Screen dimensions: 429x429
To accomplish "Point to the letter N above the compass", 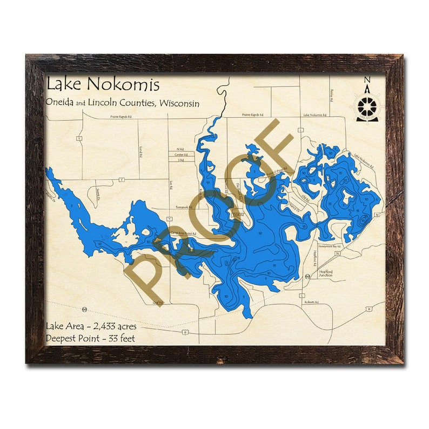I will (367, 82).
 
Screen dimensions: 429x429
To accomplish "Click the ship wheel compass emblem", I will (367, 105).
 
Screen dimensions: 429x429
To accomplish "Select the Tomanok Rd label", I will (184, 207).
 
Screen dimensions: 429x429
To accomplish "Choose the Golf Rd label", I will (157, 303).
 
